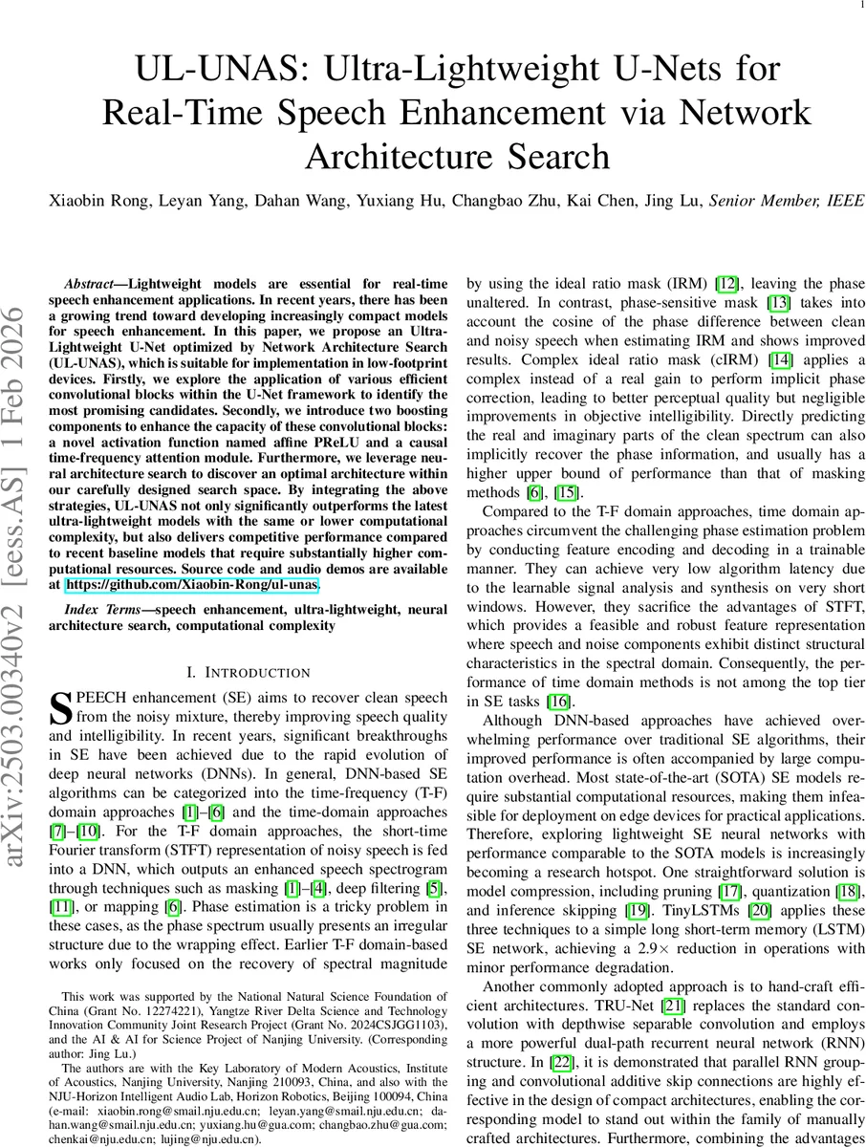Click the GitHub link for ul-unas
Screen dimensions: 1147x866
(191, 583)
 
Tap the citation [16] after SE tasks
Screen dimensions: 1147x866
(560, 702)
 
